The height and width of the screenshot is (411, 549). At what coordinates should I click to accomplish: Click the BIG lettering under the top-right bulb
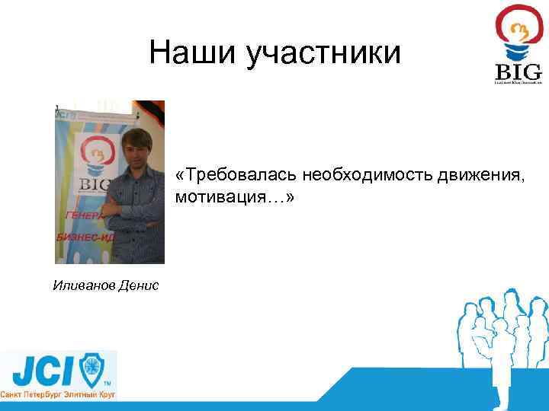pyautogui.click(x=518, y=72)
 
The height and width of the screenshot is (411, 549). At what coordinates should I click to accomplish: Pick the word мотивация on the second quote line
pyautogui.click(x=218, y=197)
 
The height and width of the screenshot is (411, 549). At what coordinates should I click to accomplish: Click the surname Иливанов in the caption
pyautogui.click(x=83, y=286)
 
